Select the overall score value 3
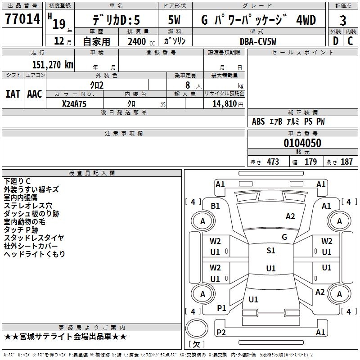coord(343,20)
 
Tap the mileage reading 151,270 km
coord(53,64)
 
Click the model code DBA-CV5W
coord(258,41)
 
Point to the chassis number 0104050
coord(302,144)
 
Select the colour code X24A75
coord(74,103)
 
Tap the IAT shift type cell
coord(13,94)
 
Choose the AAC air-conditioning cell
coord(35,94)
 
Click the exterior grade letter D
coord(335,41)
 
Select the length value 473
coord(273,162)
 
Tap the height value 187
coord(346,162)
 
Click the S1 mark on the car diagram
coord(270,251)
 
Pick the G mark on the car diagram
coord(284,237)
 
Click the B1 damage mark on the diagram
coord(216,206)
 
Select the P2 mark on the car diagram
coord(221,332)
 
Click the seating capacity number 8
coord(186,85)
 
